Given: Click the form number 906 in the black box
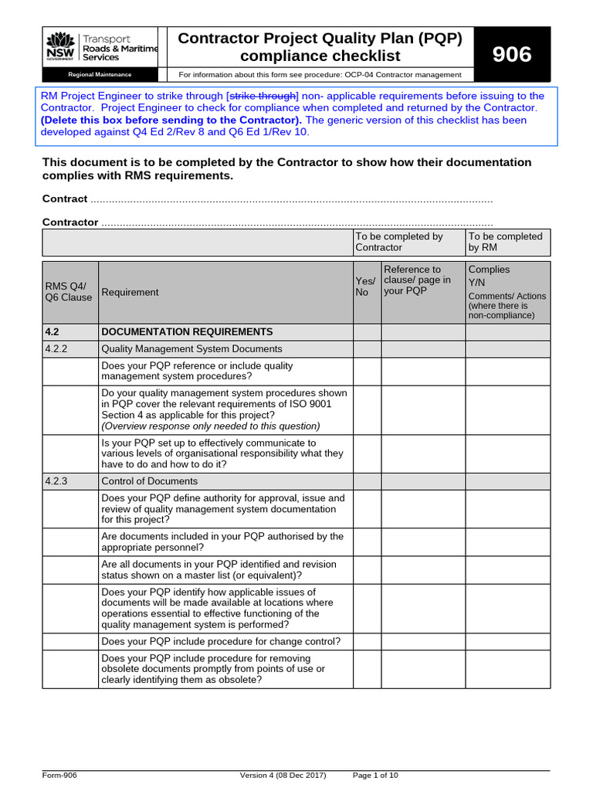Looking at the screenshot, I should tap(513, 54).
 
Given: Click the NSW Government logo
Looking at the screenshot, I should tap(60, 47).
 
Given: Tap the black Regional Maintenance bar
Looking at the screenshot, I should tap(100, 75).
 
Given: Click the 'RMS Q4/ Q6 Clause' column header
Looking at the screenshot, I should tap(68, 292).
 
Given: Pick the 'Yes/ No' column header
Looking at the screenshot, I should tap(366, 287).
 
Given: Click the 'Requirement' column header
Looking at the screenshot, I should tap(130, 292).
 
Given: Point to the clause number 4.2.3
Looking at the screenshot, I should tap(56, 480).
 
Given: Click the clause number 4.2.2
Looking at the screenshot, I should tap(56, 348).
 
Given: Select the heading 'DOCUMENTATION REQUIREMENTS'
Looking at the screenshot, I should tap(187, 331).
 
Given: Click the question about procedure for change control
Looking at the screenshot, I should tap(221, 641).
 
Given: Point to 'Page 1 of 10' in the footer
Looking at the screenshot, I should tap(375, 775).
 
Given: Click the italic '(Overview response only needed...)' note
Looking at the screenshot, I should tap(211, 426).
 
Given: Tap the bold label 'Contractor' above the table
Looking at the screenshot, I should tap(69, 222).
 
